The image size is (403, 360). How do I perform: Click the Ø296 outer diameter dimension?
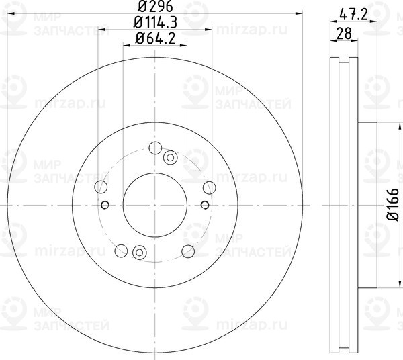coord(155,9)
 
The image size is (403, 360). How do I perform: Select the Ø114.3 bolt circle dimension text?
coord(155,24)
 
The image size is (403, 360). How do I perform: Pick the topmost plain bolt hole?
coord(155,149)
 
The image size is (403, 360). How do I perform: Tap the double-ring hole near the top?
coord(171,158)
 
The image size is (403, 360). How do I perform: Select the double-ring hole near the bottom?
coord(140,252)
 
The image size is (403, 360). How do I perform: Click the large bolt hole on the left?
coord(102,187)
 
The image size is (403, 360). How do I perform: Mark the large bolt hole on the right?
coord(209,187)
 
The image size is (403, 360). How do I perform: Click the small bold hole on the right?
coord(205,204)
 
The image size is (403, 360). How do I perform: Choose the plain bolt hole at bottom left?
coord(122,251)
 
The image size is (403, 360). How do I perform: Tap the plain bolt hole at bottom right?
coord(188,251)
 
